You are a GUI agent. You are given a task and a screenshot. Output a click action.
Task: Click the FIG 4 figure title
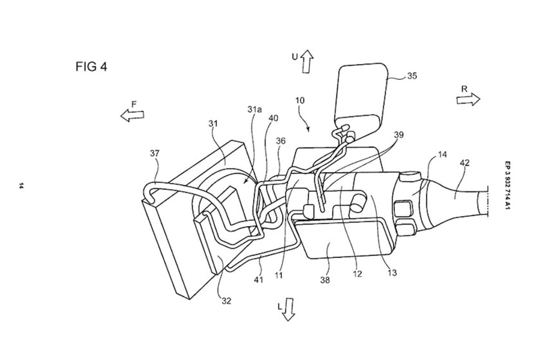pos(91,66)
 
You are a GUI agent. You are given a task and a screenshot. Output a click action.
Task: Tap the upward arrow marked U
pos(307,61)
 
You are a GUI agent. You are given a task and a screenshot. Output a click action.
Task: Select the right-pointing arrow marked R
pos(468,99)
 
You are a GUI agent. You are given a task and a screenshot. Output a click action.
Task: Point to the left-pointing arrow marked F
pos(132,115)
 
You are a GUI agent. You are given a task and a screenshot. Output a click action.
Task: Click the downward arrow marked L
pos(289,309)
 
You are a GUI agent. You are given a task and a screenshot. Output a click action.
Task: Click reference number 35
pos(412,76)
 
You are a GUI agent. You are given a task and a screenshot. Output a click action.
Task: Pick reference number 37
pos(155,152)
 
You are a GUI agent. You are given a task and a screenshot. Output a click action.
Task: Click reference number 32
pos(226,301)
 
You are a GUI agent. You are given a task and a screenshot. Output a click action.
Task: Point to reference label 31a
pos(256,110)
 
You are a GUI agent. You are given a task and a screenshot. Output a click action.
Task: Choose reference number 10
pos(300,100)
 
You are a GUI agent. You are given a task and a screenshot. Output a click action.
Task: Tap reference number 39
pos(399,135)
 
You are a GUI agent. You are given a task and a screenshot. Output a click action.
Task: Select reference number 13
pos(392,273)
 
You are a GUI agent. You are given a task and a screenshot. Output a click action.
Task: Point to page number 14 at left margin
pos(21,186)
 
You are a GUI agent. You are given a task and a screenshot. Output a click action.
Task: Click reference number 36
pos(281,141)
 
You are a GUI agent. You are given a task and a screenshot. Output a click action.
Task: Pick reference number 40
pos(274,118)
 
